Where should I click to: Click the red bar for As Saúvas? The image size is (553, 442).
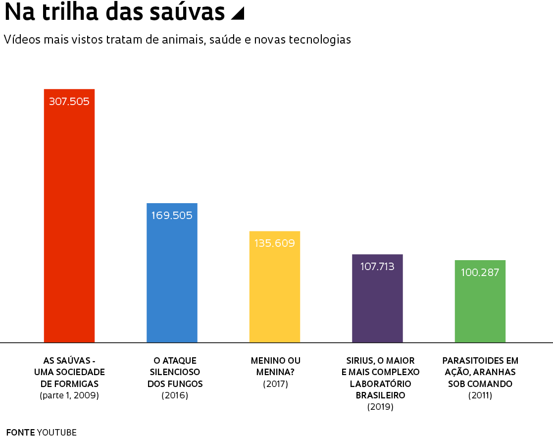[x=69, y=223]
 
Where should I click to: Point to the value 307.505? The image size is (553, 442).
[x=69, y=102]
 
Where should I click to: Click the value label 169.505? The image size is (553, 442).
[x=172, y=216]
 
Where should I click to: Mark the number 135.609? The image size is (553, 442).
[x=275, y=243]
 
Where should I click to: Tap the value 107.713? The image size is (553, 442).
[x=377, y=267]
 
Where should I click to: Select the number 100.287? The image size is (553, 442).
[x=480, y=273]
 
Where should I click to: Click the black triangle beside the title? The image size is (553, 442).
[x=238, y=14]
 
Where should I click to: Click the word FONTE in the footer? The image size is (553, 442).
[x=20, y=432]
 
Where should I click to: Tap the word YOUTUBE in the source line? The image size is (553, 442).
[x=57, y=432]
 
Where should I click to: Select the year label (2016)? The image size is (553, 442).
[x=175, y=395]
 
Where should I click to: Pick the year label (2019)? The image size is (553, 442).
[x=380, y=407]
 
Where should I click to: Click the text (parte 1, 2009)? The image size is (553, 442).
[x=69, y=395]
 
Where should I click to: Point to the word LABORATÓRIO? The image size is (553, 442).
[x=380, y=384]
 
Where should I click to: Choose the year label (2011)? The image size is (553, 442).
[x=480, y=395]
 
